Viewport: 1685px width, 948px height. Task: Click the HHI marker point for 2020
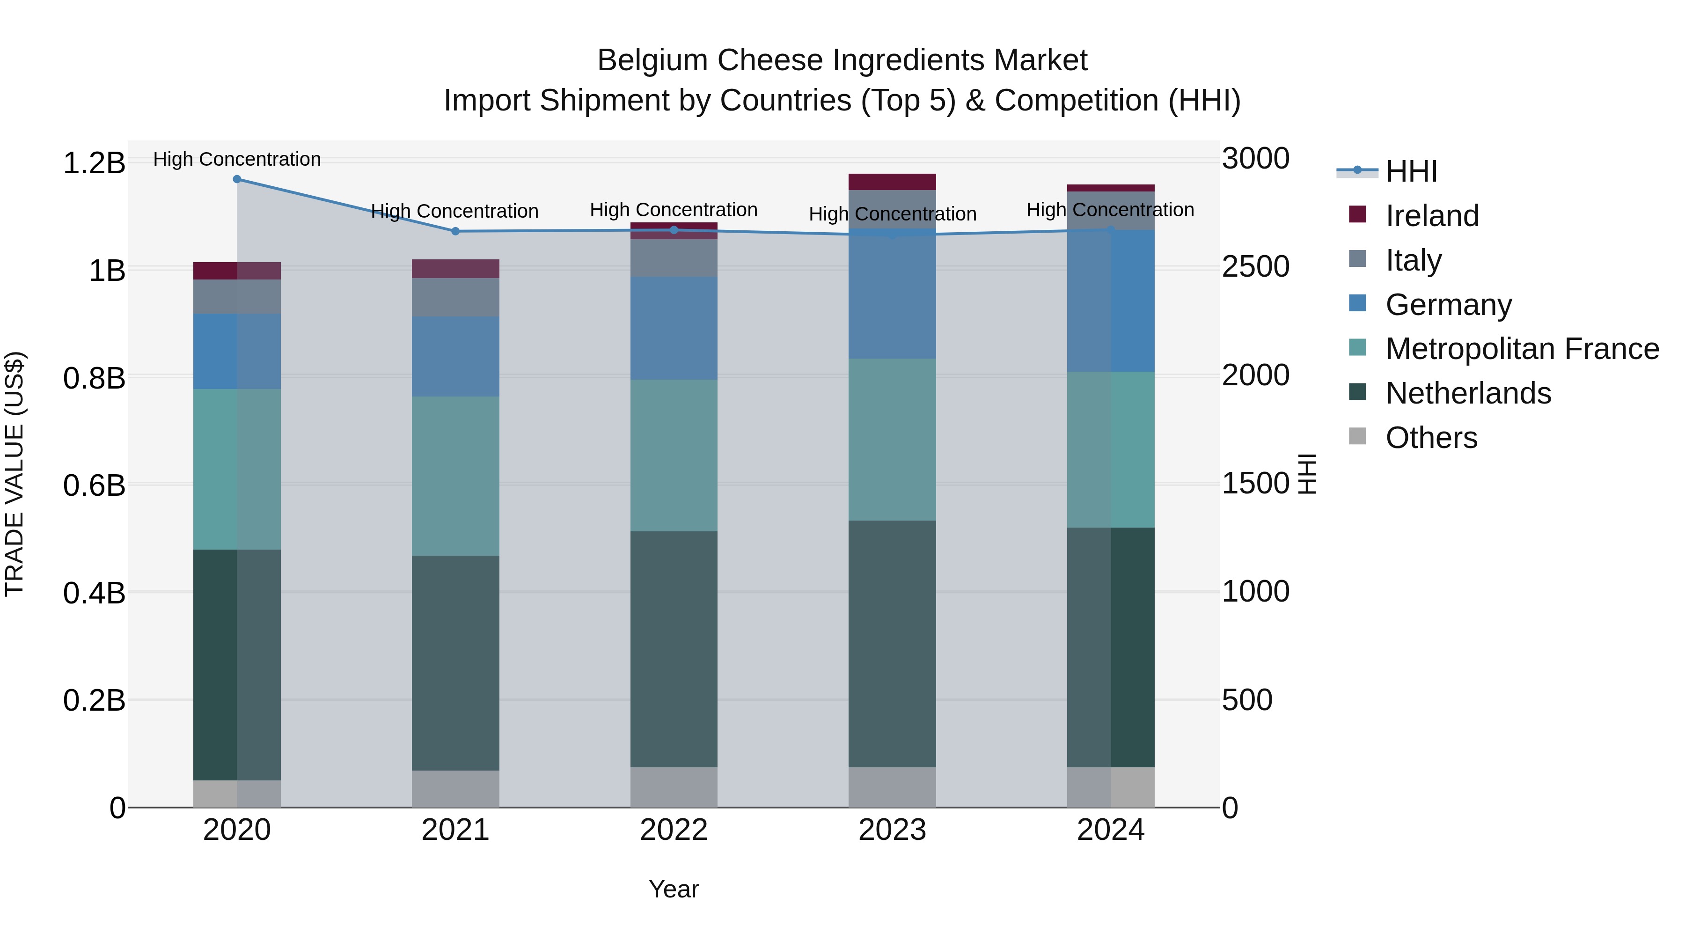coord(237,179)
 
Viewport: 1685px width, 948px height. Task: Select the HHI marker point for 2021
coord(455,231)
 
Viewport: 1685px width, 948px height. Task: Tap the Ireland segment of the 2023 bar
coord(892,181)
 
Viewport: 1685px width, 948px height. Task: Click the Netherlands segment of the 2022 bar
coord(674,649)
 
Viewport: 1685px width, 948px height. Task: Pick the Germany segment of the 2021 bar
coord(455,357)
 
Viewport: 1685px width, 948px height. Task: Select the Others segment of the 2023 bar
coord(892,787)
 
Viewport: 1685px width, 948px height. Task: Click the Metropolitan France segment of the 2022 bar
coord(674,456)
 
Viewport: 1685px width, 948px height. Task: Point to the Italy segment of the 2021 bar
coord(455,298)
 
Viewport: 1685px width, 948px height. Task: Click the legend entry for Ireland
coord(1432,216)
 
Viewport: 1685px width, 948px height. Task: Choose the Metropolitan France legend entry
coord(1522,349)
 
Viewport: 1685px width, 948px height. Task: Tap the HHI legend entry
coord(1411,171)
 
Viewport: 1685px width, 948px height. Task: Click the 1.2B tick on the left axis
coord(94,163)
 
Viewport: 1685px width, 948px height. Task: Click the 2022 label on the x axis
coord(674,830)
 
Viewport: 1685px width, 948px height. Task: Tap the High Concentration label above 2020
coord(237,159)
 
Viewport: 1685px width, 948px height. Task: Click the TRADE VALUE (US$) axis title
coord(15,474)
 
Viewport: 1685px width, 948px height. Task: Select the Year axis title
coord(674,889)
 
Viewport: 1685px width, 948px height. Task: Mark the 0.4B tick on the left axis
coord(94,593)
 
